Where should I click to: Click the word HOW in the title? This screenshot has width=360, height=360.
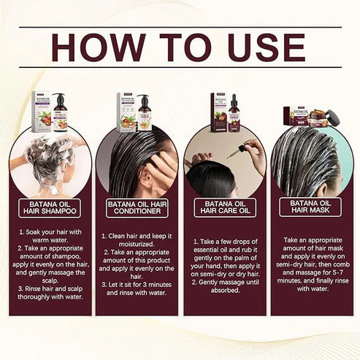pos(100,46)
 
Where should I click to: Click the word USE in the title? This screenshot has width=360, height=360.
pos(263,46)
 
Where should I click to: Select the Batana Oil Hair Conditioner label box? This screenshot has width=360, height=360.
pos(137,207)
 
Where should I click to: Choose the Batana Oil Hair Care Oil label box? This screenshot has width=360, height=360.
pos(224,207)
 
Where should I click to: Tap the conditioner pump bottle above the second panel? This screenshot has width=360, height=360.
pos(144,113)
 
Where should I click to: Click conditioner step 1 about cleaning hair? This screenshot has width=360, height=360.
pos(137,241)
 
